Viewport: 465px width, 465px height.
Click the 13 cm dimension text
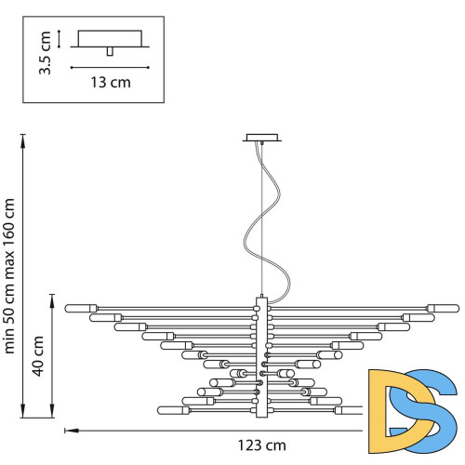click(x=110, y=83)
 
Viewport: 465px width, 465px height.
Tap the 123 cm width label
click(x=221, y=446)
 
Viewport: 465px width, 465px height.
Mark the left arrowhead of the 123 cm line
click(x=67, y=430)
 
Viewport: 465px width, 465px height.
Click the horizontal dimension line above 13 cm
click(x=110, y=67)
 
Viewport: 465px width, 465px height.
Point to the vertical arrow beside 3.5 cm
click(x=59, y=38)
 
